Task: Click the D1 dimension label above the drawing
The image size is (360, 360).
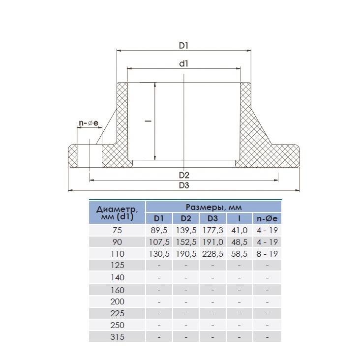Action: [x=183, y=46]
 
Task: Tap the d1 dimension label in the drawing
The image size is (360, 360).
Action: [x=183, y=63]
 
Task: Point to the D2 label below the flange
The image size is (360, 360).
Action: [x=184, y=176]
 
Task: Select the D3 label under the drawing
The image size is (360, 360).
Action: [x=184, y=185]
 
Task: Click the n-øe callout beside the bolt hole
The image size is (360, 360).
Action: [x=89, y=123]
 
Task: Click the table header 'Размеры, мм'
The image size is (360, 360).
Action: [x=213, y=208]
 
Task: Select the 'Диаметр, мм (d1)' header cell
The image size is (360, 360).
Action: [x=118, y=213]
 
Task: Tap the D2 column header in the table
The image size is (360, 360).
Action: [x=186, y=218]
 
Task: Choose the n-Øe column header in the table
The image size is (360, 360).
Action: [x=267, y=218]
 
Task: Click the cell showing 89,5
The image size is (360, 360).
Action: [x=159, y=230]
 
